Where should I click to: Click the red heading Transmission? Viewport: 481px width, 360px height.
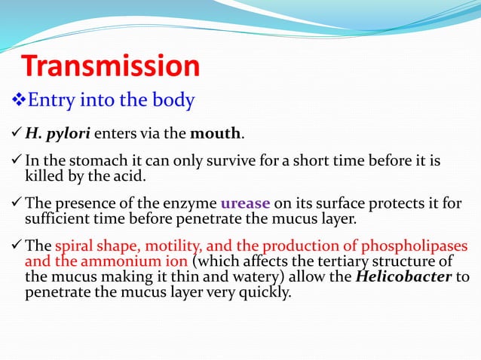[x=111, y=66]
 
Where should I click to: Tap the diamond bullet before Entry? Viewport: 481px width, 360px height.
[x=20, y=100]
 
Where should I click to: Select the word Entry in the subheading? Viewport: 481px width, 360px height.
[x=51, y=100]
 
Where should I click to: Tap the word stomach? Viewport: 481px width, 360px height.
[x=92, y=163]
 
